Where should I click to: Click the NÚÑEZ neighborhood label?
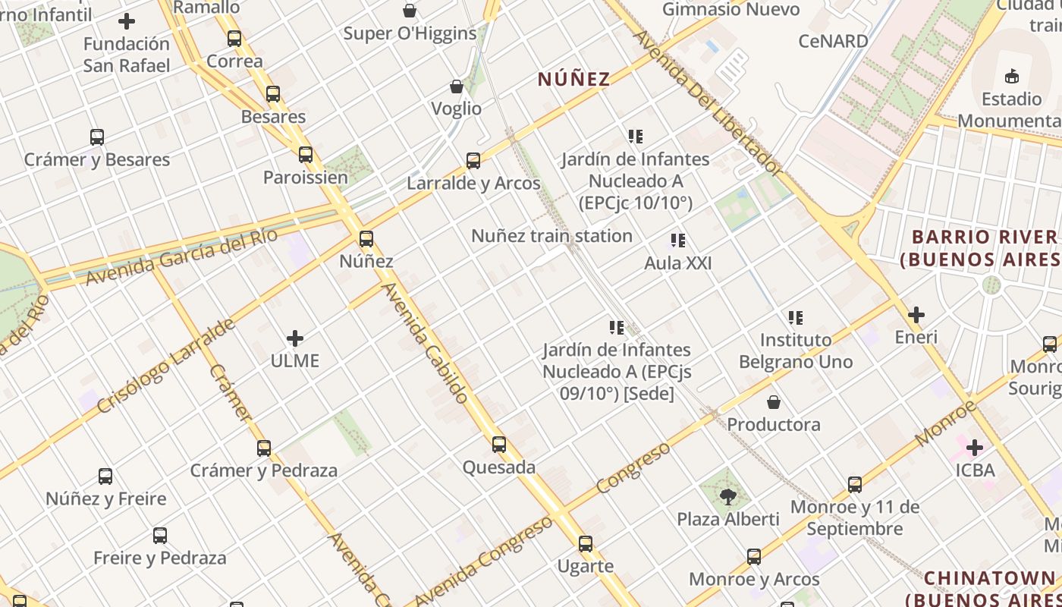point(573,79)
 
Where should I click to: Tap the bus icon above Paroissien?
point(306,155)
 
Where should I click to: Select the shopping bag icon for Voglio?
point(457,86)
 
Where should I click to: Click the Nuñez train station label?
point(551,236)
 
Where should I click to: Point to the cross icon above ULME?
point(295,338)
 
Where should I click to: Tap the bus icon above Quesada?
point(499,445)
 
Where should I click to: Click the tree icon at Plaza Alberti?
point(728,497)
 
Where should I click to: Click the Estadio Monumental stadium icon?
point(1011,76)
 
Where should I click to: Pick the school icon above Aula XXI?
point(678,241)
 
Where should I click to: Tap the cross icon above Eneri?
point(916,314)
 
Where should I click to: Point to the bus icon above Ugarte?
point(585,544)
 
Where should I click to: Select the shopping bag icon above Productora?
point(774,402)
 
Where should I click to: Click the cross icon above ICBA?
point(975,448)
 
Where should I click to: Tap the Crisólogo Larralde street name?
point(166,367)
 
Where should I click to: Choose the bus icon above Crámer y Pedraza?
point(264,448)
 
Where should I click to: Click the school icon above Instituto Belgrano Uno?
point(795,317)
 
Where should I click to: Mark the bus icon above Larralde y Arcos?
point(473,161)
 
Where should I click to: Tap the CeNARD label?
point(833,41)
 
